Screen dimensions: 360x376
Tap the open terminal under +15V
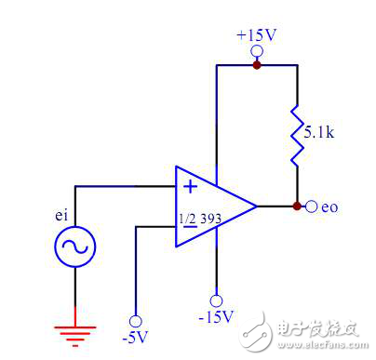point(257,52)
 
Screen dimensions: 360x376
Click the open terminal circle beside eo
point(311,206)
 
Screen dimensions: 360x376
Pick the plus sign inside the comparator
point(190,186)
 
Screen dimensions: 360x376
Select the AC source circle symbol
point(76,247)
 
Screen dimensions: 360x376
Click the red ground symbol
point(76,328)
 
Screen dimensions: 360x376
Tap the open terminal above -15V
point(217,300)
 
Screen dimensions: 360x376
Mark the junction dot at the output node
point(297,206)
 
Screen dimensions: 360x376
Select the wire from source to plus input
point(121,186)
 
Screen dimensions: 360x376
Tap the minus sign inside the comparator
point(190,227)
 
